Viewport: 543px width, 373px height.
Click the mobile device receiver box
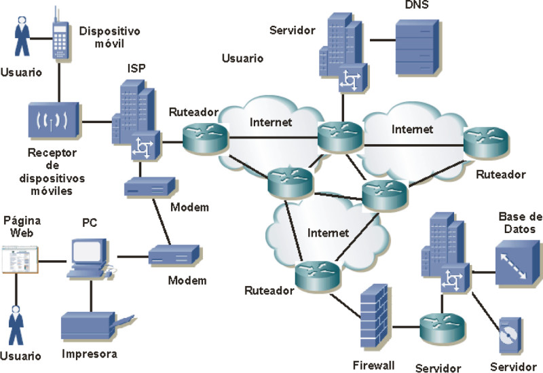click(x=51, y=122)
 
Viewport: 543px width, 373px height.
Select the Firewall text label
click(x=373, y=365)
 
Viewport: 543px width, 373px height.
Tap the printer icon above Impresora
click(x=94, y=327)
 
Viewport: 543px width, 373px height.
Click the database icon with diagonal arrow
click(x=519, y=263)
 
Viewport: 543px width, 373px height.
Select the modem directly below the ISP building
click(x=149, y=187)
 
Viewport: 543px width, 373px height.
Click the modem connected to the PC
click(x=172, y=257)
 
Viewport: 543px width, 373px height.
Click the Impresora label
click(x=90, y=354)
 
